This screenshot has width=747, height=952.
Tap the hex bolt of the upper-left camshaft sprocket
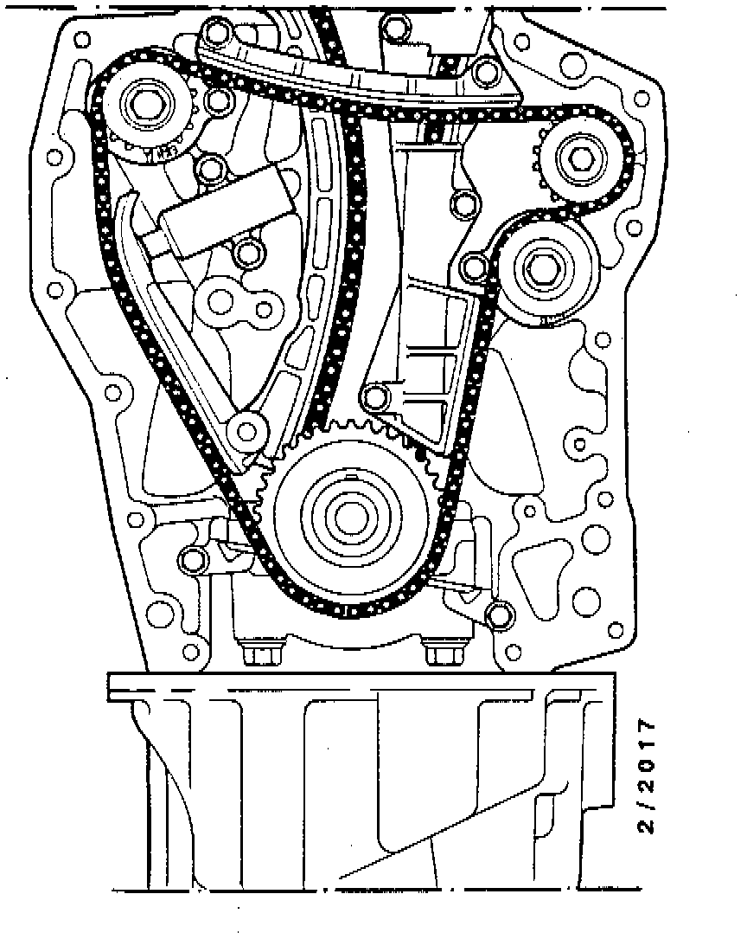[147, 105]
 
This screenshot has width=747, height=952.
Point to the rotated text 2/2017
[646, 775]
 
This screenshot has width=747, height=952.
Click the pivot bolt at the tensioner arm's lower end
[246, 430]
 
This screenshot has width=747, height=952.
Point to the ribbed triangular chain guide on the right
[432, 363]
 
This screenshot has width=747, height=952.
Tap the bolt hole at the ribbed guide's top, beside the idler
[474, 266]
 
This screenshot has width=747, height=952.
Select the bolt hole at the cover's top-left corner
[83, 39]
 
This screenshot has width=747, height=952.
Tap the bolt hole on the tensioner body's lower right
[249, 254]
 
